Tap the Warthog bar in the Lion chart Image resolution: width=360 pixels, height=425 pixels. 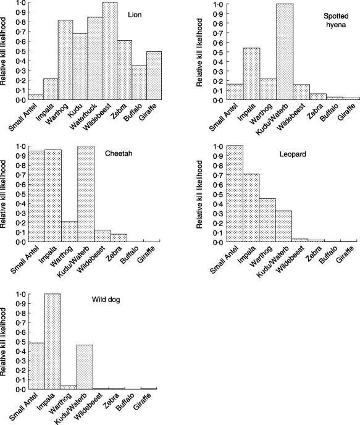coord(65,60)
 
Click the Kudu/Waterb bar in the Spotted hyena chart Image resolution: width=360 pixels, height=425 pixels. coord(285,52)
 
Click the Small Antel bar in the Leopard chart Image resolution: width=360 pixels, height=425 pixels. coord(235,194)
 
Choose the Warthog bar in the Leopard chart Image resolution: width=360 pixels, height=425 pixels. coord(267,220)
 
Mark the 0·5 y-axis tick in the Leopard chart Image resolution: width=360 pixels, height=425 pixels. coord(219,194)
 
